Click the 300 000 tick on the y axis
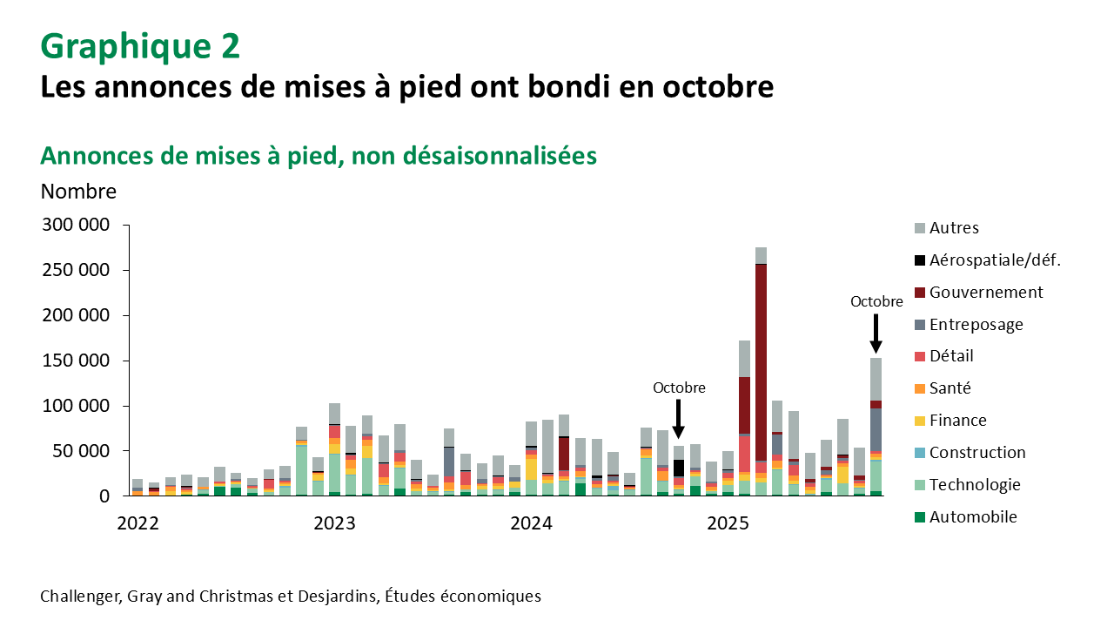[x=77, y=225]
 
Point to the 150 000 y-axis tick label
[x=77, y=361]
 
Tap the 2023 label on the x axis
[x=334, y=523]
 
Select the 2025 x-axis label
[x=728, y=523]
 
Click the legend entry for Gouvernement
[x=986, y=293]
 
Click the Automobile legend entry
[x=973, y=517]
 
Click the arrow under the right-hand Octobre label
[x=876, y=334]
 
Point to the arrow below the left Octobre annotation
[x=679, y=419]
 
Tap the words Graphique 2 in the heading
[x=140, y=46]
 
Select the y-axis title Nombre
[x=78, y=191]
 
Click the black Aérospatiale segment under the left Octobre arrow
[x=679, y=468]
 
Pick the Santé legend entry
[x=950, y=388]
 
